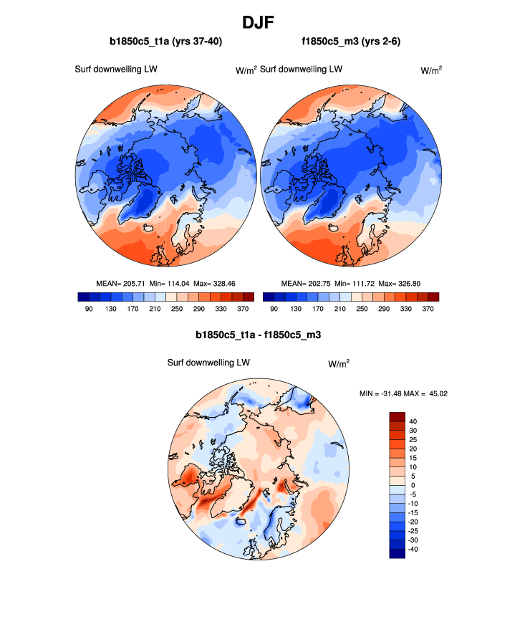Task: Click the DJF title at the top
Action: pyautogui.click(x=261, y=22)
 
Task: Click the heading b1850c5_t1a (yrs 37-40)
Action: pyautogui.click(x=165, y=42)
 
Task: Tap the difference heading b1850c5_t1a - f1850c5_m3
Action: pyautogui.click(x=262, y=335)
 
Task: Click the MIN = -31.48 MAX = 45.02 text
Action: pyautogui.click(x=403, y=393)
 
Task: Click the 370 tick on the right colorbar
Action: pyautogui.click(x=427, y=308)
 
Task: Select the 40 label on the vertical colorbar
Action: pyautogui.click(x=413, y=421)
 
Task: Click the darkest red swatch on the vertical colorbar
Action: pyautogui.click(x=398, y=416)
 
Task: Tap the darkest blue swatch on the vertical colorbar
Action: pyautogui.click(x=398, y=553)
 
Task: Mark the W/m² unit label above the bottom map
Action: pyautogui.click(x=339, y=364)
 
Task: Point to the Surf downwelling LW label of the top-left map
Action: pyautogui.click(x=116, y=70)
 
